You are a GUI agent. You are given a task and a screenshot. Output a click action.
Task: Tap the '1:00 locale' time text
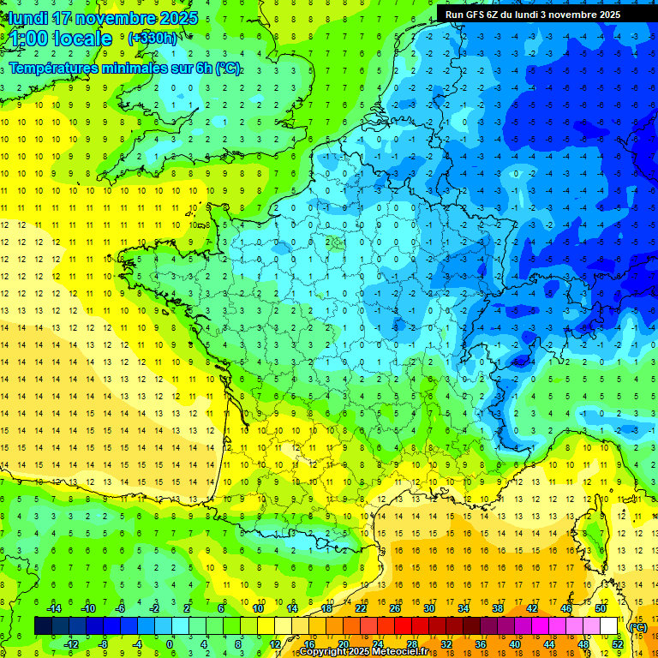pyautogui.click(x=62, y=39)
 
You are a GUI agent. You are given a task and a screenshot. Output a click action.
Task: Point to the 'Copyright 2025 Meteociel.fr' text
pyautogui.click(x=375, y=652)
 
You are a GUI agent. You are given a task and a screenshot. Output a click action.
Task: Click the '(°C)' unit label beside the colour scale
pyautogui.click(x=637, y=626)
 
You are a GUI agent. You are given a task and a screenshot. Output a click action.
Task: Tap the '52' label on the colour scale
pyautogui.click(x=618, y=644)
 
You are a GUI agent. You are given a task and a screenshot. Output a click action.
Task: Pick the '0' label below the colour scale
pyautogui.click(x=170, y=644)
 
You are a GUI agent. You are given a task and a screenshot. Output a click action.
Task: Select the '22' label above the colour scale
pyautogui.click(x=361, y=608)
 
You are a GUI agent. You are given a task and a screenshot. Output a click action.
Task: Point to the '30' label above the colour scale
pyautogui.click(x=429, y=608)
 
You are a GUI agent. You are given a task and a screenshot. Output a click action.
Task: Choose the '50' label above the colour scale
pyautogui.click(x=601, y=608)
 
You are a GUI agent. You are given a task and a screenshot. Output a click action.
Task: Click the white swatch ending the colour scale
pyautogui.click(x=608, y=626)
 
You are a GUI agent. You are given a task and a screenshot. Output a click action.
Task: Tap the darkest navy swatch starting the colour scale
pyautogui.click(x=43, y=626)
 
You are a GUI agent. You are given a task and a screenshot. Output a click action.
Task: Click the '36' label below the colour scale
pyautogui.click(x=481, y=644)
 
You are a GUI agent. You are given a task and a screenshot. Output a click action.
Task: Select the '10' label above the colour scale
pyautogui.click(x=258, y=608)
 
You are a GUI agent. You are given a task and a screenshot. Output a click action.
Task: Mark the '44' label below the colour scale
pyautogui.click(x=549, y=644)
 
